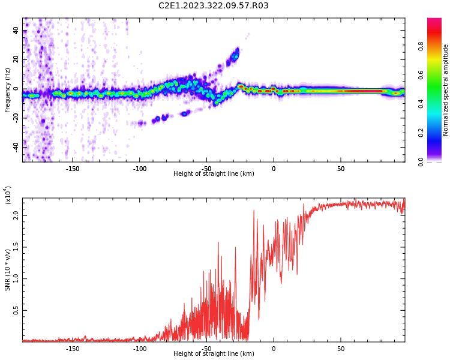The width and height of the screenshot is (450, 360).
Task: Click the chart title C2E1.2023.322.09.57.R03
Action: pos(213,6)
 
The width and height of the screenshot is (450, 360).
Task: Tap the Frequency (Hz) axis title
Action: pos(8,90)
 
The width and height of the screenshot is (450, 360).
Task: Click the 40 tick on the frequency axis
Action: pos(16,31)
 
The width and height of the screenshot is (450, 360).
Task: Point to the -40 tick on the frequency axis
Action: pos(14,146)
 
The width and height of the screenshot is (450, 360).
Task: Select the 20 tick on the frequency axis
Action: pos(16,59)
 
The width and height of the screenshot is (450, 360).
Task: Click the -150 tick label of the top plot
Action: pos(73,169)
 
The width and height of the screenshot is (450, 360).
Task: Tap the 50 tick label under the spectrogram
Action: pos(340,169)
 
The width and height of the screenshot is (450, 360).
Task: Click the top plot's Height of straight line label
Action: pos(214,174)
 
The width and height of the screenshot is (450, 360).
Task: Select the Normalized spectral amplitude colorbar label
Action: pos(446,90)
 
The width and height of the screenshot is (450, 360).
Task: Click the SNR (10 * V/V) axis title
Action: pos(8,270)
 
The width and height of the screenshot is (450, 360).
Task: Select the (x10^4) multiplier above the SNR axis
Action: pos(8,196)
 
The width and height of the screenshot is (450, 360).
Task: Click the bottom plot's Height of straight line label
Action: pos(214,354)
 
